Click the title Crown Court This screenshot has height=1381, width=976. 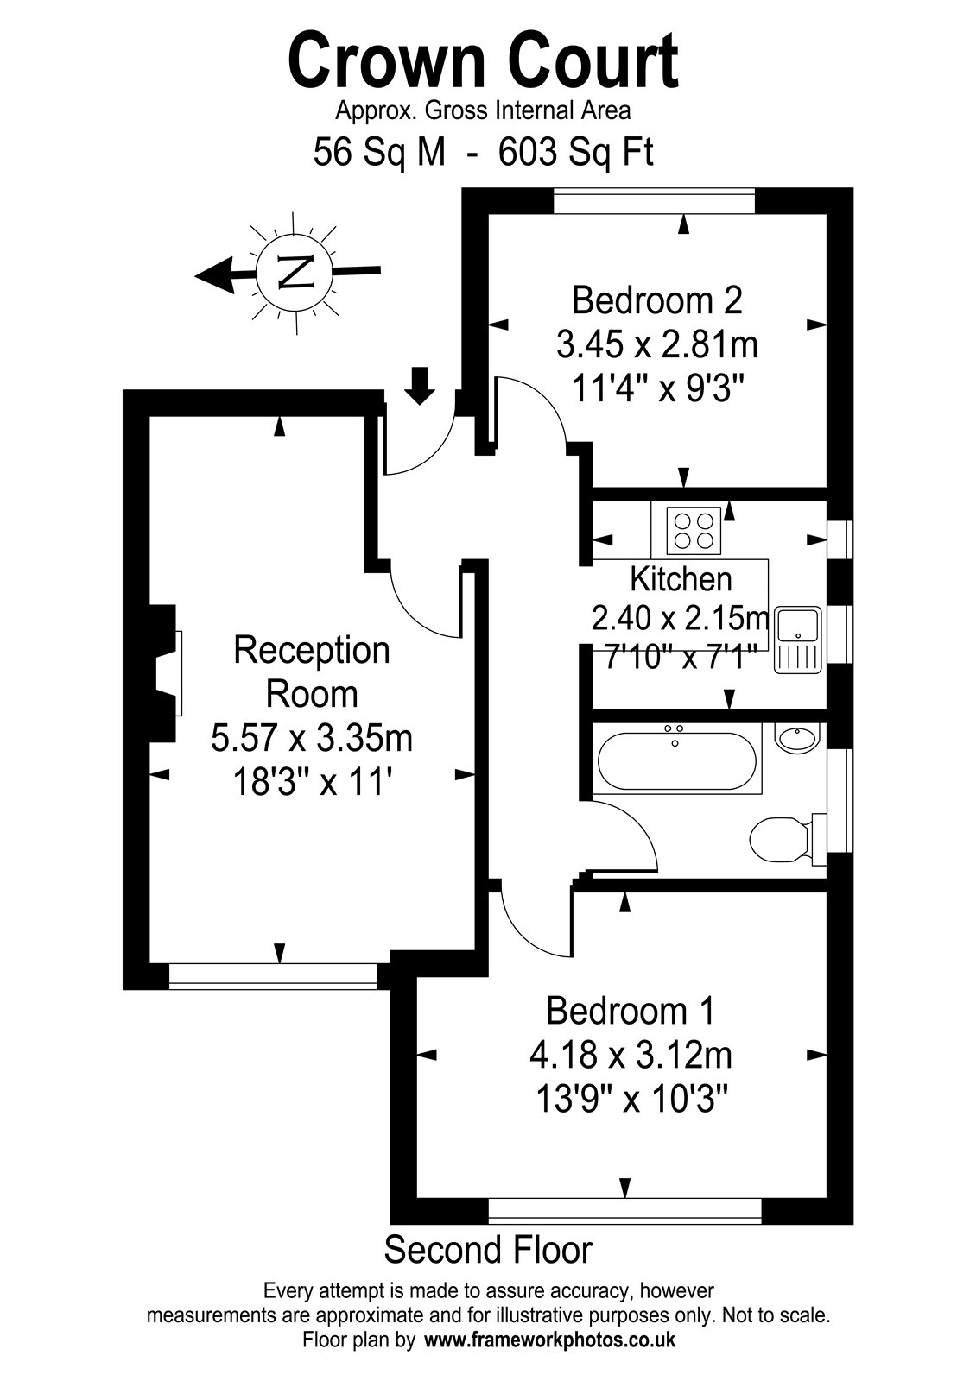click(x=483, y=61)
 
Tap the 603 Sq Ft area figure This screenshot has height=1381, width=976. click(x=575, y=152)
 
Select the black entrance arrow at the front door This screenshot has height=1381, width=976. click(x=420, y=385)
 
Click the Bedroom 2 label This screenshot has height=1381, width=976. click(x=657, y=300)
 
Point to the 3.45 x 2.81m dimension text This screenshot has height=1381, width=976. click(x=657, y=344)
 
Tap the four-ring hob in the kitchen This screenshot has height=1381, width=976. click(x=694, y=530)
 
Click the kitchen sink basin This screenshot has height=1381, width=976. click(x=798, y=625)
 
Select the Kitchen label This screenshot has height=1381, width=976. click(x=681, y=579)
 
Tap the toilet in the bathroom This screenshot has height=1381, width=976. click(x=788, y=839)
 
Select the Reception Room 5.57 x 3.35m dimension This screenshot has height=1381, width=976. click(x=312, y=738)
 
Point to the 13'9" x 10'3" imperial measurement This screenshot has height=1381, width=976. click(x=630, y=1099)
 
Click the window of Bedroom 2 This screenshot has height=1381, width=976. click(x=654, y=202)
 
